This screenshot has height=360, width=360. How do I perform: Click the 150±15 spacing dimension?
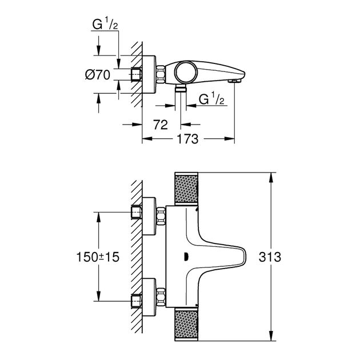coord(98,257)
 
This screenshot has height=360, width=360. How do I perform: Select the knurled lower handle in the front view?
coord(186,326)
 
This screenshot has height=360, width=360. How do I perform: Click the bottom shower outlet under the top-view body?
coord(181,90)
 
